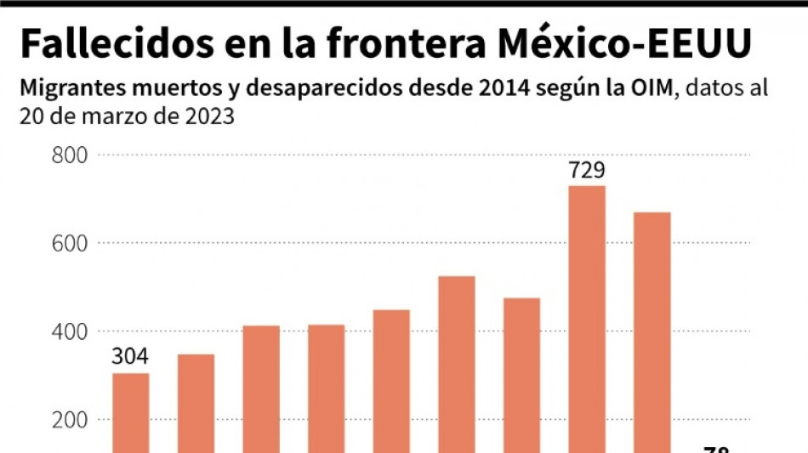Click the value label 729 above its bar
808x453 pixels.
(587, 171)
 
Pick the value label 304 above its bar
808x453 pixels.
(130, 357)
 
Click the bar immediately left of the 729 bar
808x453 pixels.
(521, 374)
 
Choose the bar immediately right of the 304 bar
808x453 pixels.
(196, 403)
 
